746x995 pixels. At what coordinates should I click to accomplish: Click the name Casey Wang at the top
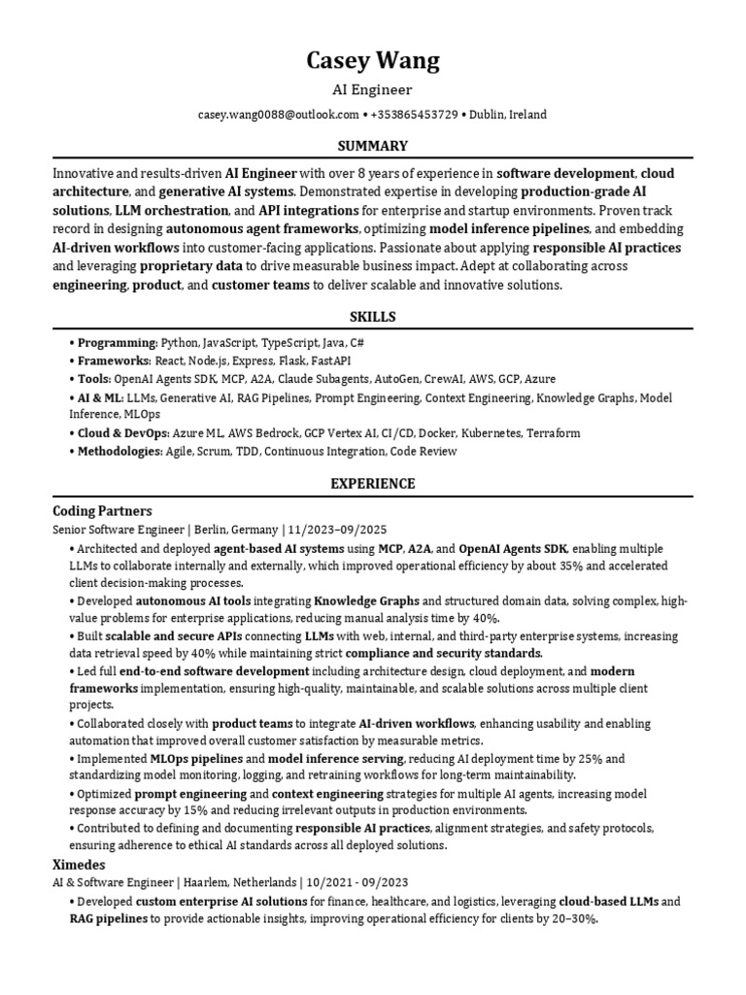tap(373, 61)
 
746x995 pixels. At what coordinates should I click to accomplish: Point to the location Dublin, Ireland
tap(508, 115)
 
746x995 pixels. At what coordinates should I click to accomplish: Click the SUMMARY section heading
tap(373, 146)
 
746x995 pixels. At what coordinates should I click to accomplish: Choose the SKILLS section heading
tap(373, 317)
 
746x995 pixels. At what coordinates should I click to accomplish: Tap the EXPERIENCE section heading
tap(373, 483)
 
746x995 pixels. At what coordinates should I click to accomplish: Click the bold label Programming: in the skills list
tap(118, 343)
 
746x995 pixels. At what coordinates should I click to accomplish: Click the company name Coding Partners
tap(102, 510)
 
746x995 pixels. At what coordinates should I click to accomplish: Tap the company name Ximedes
tap(79, 864)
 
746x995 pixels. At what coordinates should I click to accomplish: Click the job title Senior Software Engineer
tap(119, 530)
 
